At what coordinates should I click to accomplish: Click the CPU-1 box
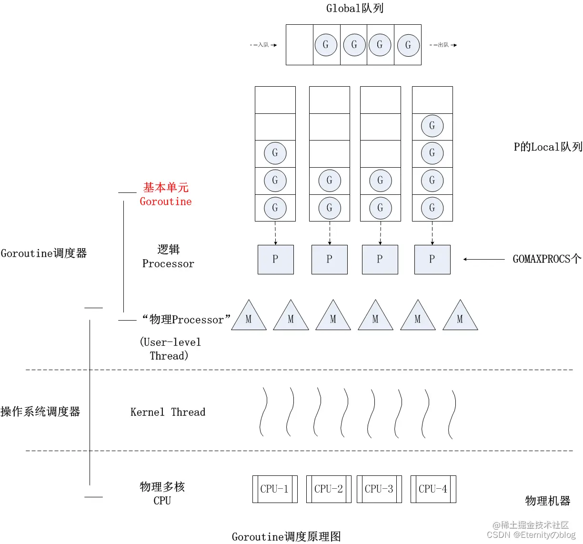click(275, 489)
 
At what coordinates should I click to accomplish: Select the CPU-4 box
click(433, 489)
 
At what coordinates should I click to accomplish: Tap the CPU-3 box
click(379, 489)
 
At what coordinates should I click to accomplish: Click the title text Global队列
click(354, 8)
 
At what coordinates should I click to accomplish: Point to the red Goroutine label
click(166, 201)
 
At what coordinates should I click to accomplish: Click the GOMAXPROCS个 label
click(546, 259)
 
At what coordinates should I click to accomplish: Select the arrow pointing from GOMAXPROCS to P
click(483, 259)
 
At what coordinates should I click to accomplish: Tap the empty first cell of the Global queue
click(300, 45)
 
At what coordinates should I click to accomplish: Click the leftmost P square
click(275, 260)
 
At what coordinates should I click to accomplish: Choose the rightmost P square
click(432, 260)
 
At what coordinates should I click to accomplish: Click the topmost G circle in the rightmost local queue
click(432, 126)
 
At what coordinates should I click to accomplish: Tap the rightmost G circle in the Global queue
click(408, 45)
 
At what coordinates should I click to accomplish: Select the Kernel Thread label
click(168, 412)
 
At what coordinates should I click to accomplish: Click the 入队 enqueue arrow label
click(263, 45)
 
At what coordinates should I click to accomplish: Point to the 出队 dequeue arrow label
click(443, 45)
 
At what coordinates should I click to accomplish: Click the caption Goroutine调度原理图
click(286, 537)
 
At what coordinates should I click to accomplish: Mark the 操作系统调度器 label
click(40, 412)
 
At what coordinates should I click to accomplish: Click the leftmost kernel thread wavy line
click(263, 412)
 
